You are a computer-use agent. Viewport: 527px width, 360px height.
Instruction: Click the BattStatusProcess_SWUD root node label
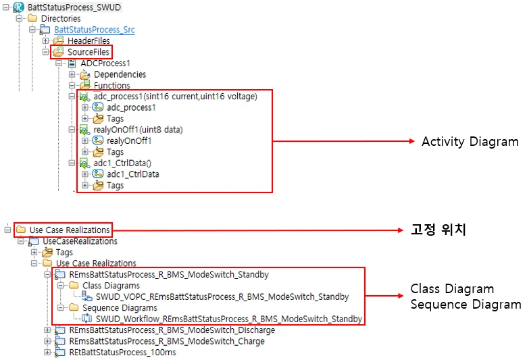69,7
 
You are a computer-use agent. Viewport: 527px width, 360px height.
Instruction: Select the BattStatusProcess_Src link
95,30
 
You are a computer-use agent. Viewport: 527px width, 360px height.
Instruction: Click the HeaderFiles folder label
89,41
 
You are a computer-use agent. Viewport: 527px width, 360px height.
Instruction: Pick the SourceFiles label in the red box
88,52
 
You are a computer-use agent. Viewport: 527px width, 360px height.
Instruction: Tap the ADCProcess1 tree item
105,63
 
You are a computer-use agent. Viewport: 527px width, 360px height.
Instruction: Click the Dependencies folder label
120,74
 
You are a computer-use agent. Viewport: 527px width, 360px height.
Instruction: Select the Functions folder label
112,86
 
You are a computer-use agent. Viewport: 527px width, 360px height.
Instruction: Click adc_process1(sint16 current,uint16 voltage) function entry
175,97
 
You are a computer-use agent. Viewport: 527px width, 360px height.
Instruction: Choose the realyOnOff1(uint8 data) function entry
138,130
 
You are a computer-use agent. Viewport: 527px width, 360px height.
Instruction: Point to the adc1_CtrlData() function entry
123,163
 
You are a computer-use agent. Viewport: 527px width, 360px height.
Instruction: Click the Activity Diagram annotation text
470,142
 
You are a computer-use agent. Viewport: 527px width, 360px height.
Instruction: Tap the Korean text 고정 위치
438,230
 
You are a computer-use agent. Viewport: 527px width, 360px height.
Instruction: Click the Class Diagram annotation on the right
452,290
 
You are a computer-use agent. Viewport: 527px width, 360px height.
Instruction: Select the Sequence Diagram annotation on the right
466,305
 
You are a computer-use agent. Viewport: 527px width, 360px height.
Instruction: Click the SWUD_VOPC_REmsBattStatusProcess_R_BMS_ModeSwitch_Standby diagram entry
222,297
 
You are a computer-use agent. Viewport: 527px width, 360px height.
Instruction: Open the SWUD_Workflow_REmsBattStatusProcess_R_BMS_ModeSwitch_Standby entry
229,319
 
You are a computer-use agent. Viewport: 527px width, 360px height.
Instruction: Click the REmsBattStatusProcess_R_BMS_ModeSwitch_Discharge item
172,330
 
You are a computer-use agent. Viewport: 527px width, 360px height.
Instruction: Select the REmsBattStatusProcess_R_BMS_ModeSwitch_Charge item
167,341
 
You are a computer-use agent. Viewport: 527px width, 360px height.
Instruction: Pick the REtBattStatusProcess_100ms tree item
122,352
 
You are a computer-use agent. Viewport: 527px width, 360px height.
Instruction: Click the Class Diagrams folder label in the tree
111,286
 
